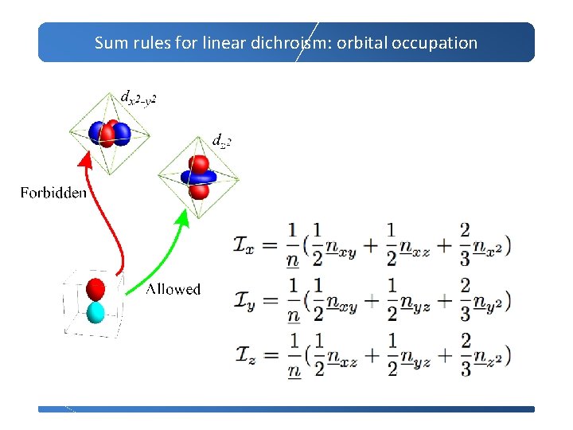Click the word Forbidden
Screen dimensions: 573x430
click(53, 193)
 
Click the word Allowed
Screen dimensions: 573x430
click(173, 289)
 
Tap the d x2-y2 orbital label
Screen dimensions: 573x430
click(138, 97)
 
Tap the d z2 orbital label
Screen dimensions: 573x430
click(221, 141)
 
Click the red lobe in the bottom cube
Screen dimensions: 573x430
click(95, 288)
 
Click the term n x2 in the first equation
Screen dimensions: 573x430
click(486, 246)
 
